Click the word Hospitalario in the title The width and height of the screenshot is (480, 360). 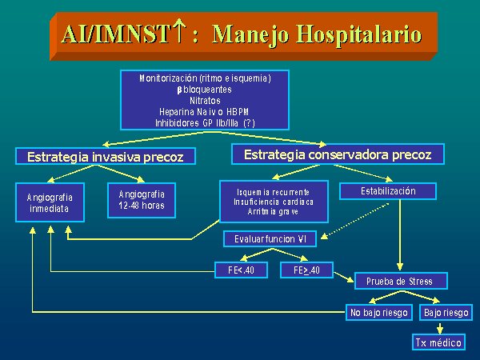(359, 34)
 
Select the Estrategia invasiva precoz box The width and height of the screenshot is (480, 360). (106, 157)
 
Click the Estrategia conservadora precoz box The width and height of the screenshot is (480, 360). (338, 154)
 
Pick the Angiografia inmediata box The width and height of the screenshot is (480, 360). (50, 202)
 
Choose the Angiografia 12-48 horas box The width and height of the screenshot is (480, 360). (142, 200)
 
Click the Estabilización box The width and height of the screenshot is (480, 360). (388, 191)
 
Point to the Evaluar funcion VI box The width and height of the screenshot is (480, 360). (270, 238)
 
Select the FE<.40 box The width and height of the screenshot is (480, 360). (242, 270)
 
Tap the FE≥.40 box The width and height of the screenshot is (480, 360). (306, 270)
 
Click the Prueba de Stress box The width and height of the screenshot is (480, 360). (401, 281)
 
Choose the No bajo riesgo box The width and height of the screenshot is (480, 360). (379, 313)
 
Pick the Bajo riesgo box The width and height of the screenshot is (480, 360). (446, 313)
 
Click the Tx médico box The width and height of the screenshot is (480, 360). (438, 342)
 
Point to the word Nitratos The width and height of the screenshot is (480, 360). (205, 101)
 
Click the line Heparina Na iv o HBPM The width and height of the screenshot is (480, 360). (204, 112)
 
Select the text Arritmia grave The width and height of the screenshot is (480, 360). (273, 211)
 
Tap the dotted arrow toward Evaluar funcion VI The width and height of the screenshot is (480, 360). (355, 221)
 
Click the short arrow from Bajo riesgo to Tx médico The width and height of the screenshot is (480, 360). (440, 327)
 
